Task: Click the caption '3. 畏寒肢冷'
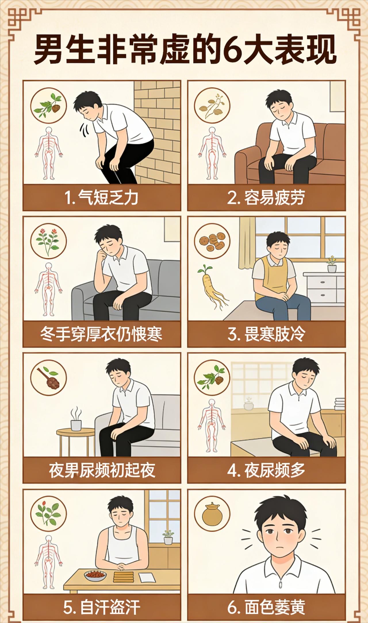[x=266, y=334]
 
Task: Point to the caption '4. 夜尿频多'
[x=266, y=470]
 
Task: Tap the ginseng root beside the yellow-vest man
[x=211, y=287]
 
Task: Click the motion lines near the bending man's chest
[x=84, y=131]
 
